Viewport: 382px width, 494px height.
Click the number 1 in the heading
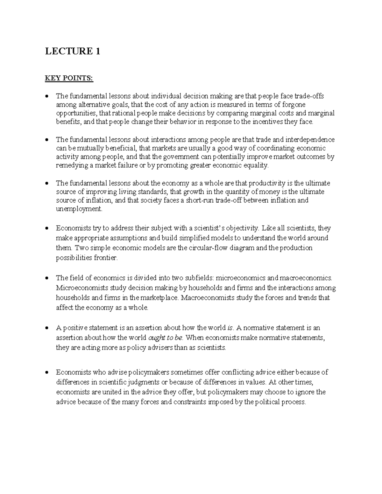[97, 51]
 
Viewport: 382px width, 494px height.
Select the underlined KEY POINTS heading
[69, 78]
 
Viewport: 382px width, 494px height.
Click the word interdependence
[310, 140]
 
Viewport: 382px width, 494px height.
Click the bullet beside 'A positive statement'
[47, 328]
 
